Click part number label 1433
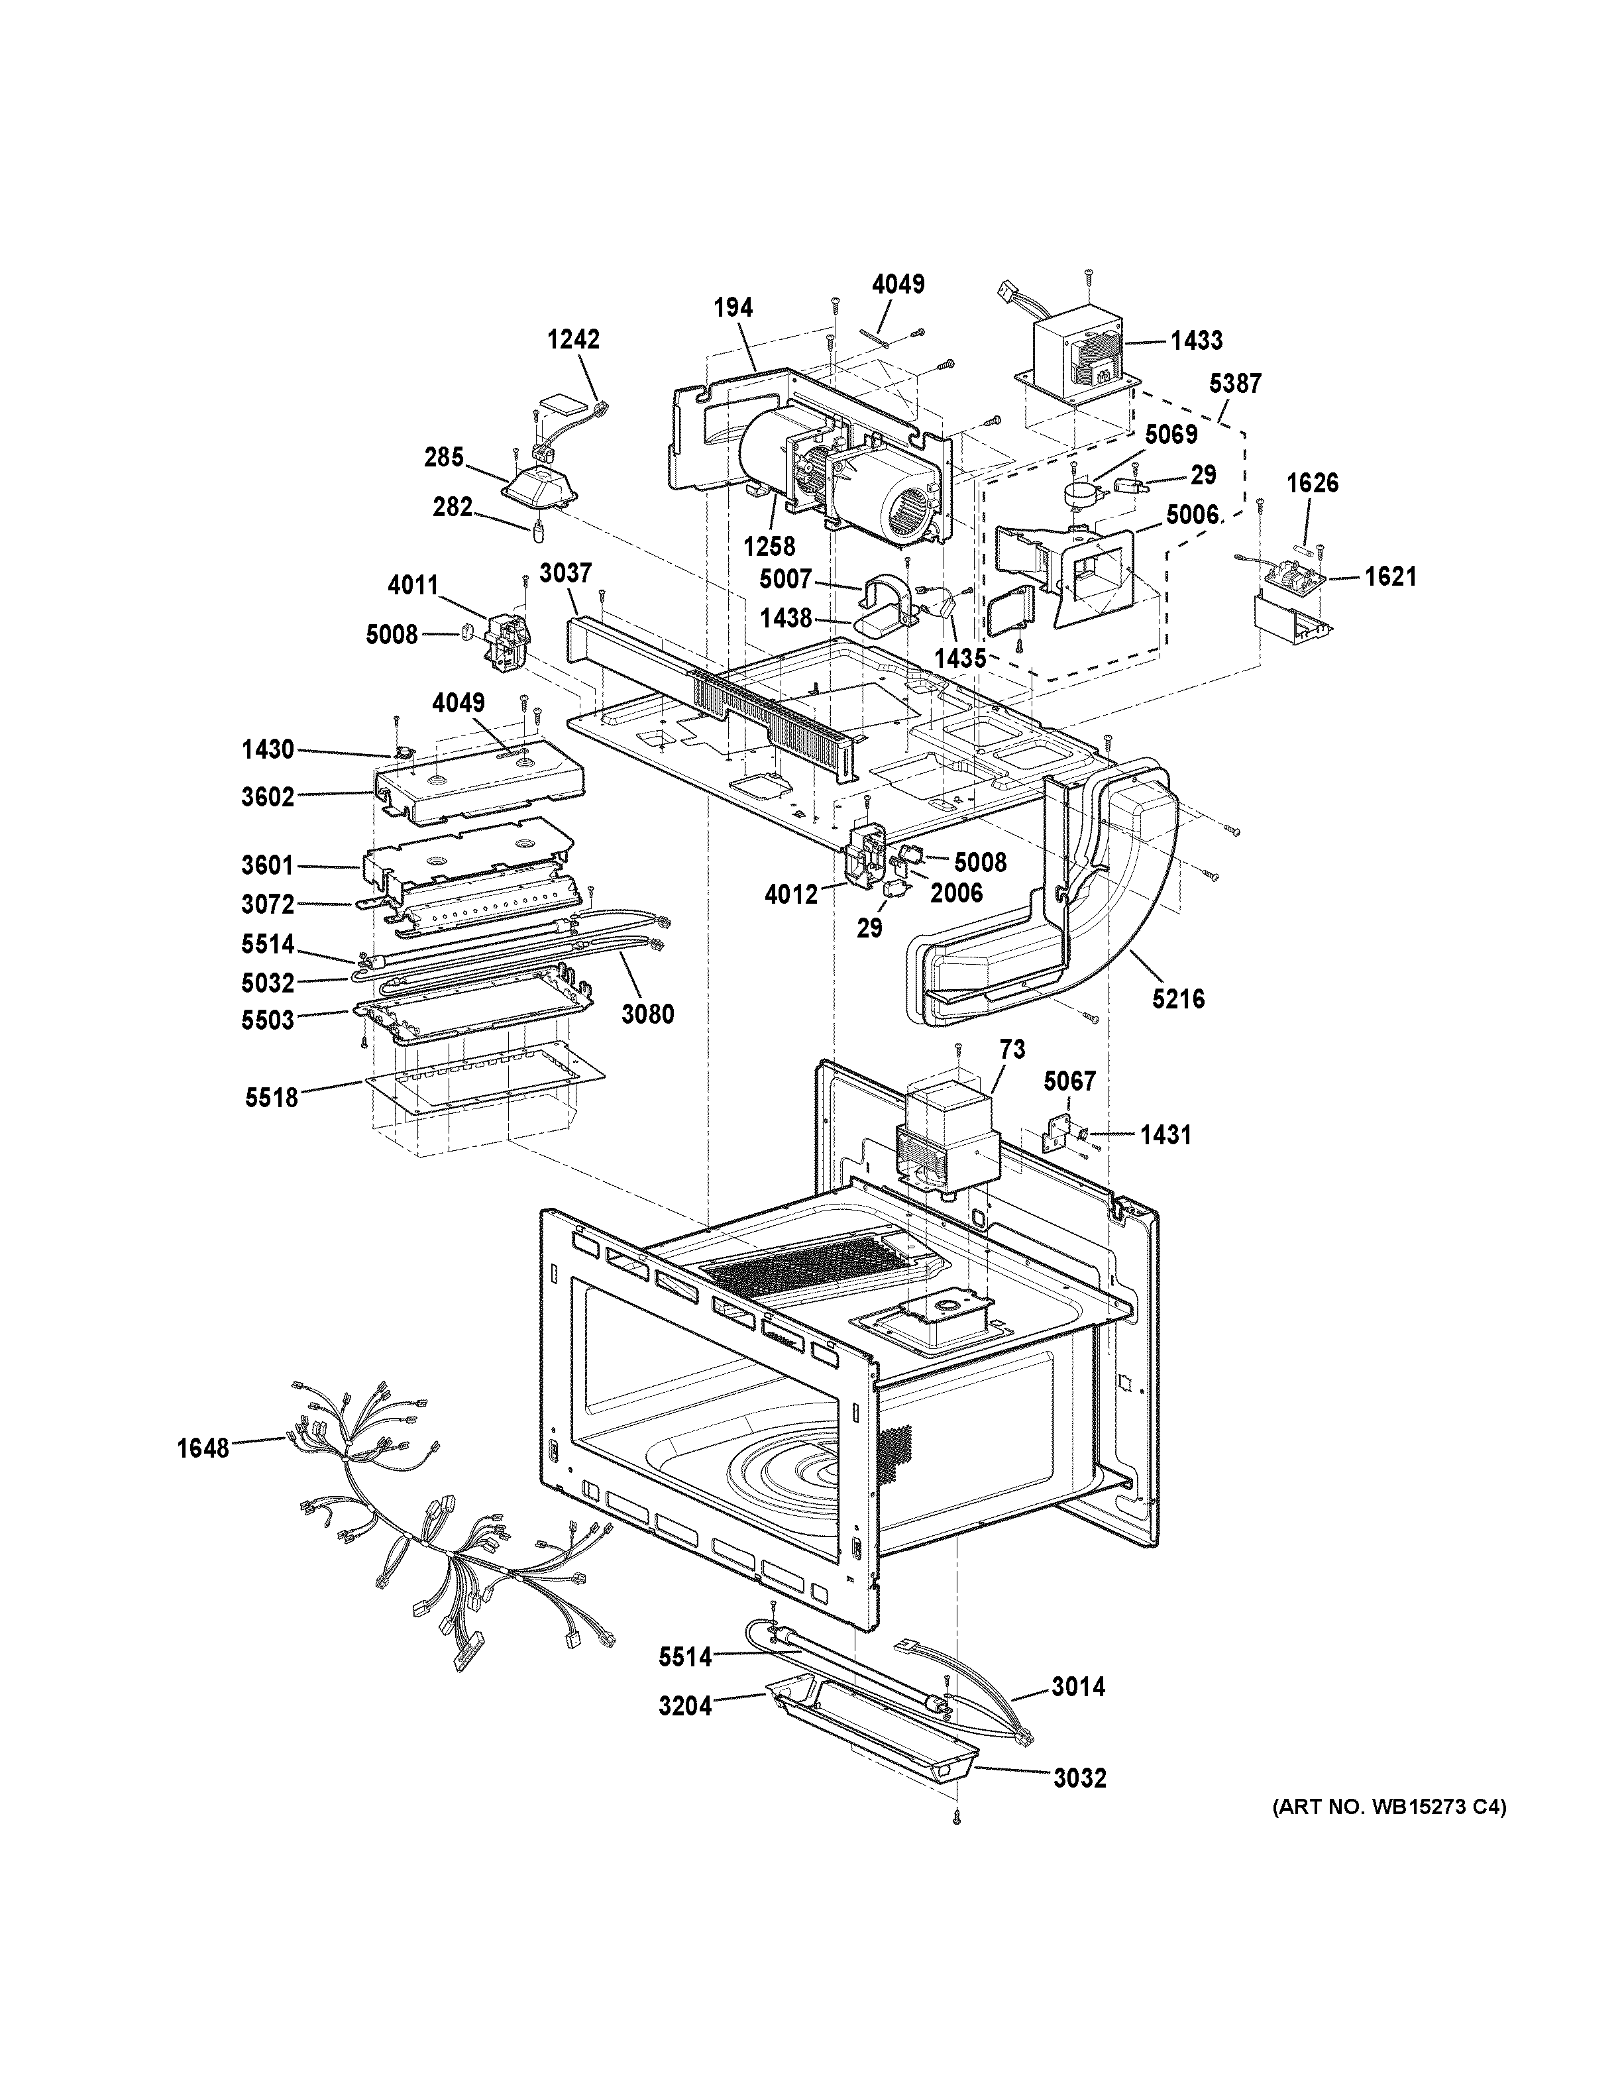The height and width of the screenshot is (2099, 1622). click(1197, 340)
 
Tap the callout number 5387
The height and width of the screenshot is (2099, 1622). click(1235, 384)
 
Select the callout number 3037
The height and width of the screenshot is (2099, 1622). click(565, 574)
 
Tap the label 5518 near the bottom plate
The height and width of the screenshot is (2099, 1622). click(271, 1097)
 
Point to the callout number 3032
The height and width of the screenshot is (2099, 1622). click(1079, 1778)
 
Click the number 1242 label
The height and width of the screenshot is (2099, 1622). click(574, 339)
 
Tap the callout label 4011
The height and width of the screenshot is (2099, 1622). click(413, 585)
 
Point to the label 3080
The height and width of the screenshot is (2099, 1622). click(647, 1013)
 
